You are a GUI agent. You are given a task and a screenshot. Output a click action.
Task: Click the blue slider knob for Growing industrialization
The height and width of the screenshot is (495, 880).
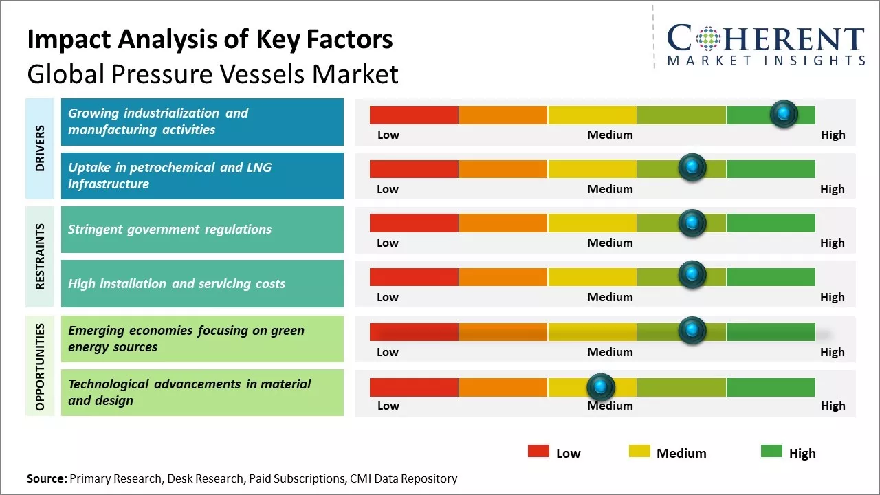coord(784,113)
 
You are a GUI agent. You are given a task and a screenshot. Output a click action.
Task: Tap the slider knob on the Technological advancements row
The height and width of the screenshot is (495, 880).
coord(601,387)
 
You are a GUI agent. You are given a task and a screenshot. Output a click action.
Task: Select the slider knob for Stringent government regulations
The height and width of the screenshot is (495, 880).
coord(692,223)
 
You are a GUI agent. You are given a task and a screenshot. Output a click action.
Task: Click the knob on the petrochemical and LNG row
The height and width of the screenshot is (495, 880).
coord(692,168)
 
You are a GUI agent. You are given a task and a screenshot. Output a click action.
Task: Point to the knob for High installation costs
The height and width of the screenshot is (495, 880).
coord(692,276)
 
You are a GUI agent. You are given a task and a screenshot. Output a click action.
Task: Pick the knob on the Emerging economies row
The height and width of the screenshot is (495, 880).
coord(692,330)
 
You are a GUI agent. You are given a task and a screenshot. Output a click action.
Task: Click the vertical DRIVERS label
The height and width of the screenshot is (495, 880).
coord(40,148)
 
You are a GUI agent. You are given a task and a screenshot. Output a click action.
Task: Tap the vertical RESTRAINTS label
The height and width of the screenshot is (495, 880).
coord(40,256)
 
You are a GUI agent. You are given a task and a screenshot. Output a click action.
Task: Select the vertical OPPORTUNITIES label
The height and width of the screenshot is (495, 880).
coord(40,366)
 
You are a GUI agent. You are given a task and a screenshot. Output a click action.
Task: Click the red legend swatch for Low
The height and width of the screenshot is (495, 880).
coord(538,451)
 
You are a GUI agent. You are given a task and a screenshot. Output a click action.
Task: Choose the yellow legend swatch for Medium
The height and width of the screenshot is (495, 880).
coord(639,451)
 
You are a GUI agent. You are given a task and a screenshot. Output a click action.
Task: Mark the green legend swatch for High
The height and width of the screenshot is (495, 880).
coord(771,451)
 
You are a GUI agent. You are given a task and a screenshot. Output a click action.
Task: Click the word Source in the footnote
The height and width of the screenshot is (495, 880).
coord(46,478)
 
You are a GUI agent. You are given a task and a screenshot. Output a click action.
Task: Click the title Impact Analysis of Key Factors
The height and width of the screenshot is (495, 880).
coord(210,39)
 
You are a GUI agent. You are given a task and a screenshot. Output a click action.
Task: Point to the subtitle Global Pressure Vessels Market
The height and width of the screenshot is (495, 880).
coord(212,74)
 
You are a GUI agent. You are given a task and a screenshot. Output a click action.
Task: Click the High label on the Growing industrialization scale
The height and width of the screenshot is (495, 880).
coord(833,135)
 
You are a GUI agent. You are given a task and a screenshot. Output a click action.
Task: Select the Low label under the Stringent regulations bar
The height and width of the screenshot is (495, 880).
coord(388,243)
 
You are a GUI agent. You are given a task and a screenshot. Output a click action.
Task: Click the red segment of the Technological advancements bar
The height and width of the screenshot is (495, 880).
coord(414,387)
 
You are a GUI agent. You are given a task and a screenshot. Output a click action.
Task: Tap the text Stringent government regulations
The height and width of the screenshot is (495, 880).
coord(170,230)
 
